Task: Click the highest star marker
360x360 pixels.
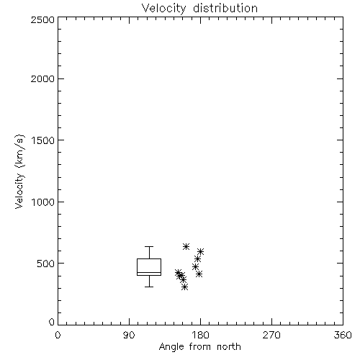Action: (x=186, y=246)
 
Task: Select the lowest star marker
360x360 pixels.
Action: (x=184, y=287)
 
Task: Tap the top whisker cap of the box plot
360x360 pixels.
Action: (x=149, y=246)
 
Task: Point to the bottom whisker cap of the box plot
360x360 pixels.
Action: (x=149, y=287)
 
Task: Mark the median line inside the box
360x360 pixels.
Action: (x=149, y=273)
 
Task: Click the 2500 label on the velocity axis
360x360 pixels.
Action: (x=42, y=19)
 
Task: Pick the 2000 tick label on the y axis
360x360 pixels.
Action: (x=42, y=78)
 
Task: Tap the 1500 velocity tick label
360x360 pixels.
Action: (x=43, y=140)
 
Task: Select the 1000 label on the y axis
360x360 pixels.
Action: (x=43, y=202)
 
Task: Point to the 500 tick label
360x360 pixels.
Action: (x=46, y=264)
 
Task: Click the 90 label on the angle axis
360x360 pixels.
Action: (x=129, y=335)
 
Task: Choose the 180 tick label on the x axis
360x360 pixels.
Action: (x=200, y=335)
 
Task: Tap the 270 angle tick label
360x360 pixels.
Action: (x=271, y=335)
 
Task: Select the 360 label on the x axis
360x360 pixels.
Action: (x=343, y=335)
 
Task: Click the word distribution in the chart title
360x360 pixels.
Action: (x=225, y=9)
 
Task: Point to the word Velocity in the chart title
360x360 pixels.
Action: (x=163, y=9)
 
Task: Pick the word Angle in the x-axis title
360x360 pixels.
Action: (x=171, y=347)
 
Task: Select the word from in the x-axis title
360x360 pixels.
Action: (x=200, y=347)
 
